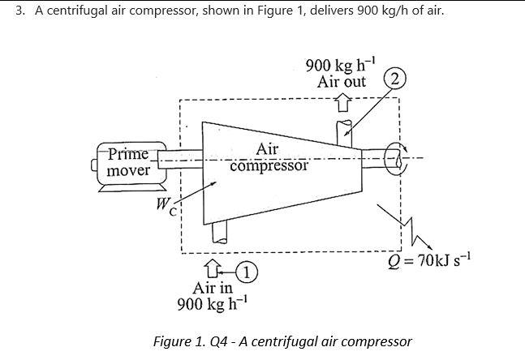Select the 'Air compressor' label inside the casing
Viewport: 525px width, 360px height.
pos(269,158)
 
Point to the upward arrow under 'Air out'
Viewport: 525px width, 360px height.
pos(342,101)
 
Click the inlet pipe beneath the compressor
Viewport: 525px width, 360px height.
pos(217,234)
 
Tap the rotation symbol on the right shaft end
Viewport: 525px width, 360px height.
pos(397,158)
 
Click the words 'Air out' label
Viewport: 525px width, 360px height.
pos(341,82)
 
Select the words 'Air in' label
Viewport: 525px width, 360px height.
pos(213,288)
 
